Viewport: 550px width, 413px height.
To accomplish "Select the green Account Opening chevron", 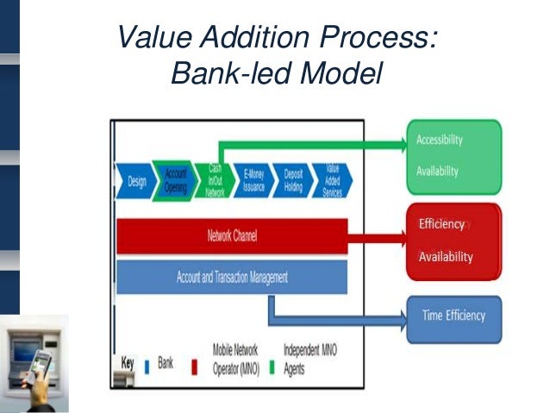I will point(176,180).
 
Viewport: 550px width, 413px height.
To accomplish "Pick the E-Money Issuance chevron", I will point(253,180).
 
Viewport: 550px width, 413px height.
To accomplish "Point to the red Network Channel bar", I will point(232,235).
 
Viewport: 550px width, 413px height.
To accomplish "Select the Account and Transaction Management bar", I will point(232,278).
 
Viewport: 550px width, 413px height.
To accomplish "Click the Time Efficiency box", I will point(453,316).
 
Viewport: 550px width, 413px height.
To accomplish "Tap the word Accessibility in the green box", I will point(440,140).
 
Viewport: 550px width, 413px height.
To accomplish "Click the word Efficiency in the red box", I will point(441,224).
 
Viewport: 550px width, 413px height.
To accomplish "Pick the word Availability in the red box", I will point(445,257).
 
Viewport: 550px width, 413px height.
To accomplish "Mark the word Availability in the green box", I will point(437,171).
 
